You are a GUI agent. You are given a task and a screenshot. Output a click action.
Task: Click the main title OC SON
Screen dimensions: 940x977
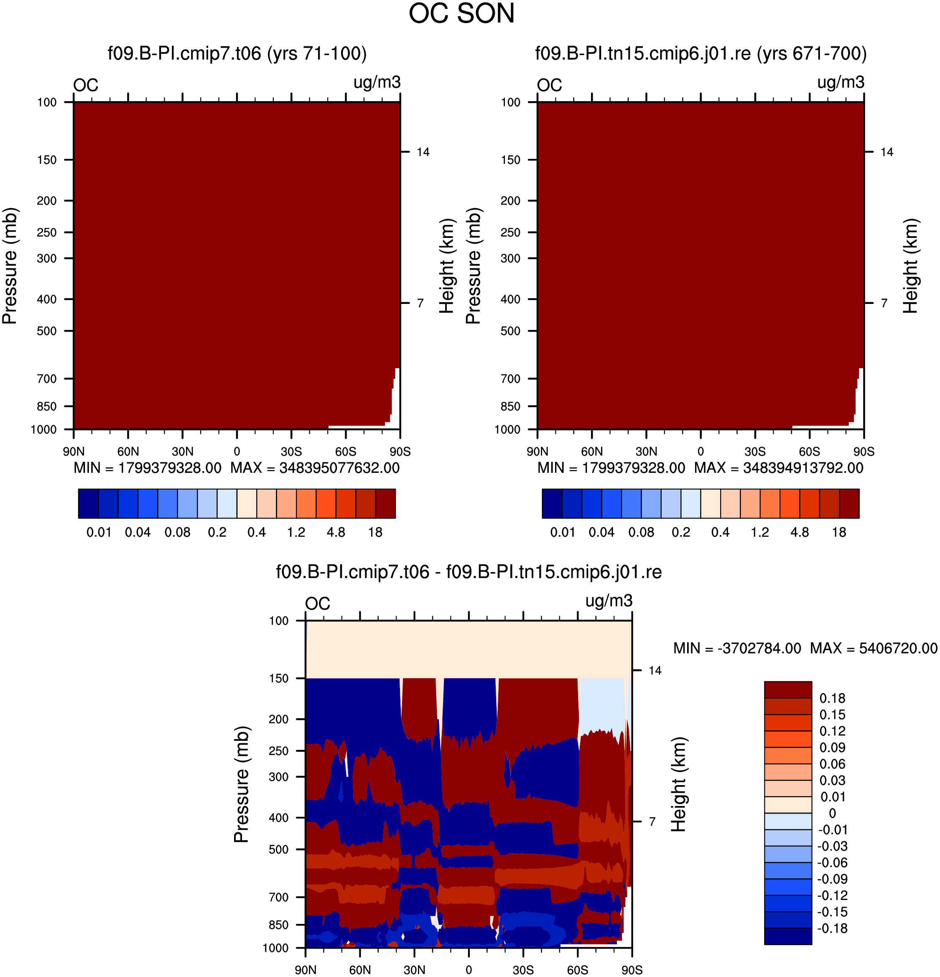pos(461,13)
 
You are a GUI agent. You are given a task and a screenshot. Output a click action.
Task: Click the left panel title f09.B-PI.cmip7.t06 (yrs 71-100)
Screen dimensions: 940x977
pos(237,54)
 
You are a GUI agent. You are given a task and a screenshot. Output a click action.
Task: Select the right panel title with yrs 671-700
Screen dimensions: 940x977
pos(701,54)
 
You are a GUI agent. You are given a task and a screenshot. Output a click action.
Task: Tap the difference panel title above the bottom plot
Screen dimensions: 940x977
pos(469,572)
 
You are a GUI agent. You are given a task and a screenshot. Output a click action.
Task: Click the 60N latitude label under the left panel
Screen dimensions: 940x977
pos(128,452)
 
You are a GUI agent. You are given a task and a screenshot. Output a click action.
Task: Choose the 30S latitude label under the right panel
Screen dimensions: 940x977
pos(755,452)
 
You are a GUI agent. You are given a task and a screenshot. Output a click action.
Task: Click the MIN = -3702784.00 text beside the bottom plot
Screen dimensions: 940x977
pos(737,648)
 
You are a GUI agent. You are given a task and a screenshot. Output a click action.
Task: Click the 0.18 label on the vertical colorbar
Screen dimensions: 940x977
pos(832,698)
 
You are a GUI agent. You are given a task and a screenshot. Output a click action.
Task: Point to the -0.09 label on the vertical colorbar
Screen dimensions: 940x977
pos(832,879)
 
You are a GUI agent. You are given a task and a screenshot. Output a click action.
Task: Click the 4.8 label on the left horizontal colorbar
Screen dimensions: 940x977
pos(336,532)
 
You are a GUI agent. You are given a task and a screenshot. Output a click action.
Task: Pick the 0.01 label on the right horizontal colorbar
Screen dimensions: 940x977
pos(563,532)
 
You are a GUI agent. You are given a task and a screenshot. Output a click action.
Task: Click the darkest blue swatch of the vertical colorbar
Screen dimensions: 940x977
pos(788,936)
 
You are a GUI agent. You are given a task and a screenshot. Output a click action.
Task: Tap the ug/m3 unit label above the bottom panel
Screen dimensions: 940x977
pos(609,601)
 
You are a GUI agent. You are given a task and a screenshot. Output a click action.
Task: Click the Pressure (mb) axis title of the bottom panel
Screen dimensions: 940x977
pos(241,784)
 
